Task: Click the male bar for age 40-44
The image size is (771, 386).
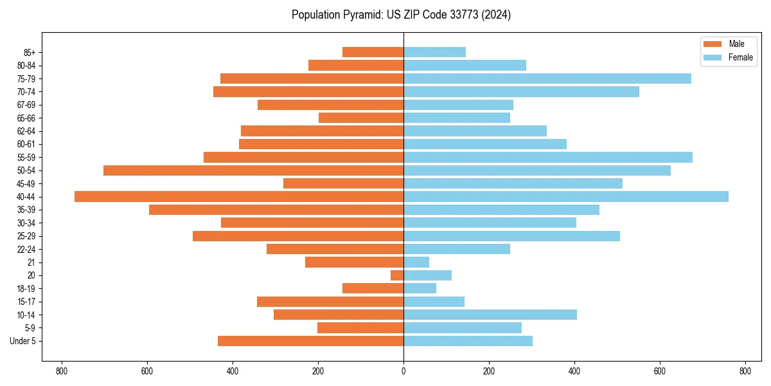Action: point(239,196)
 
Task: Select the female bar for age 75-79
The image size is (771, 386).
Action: point(547,78)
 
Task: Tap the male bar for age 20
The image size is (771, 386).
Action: point(397,275)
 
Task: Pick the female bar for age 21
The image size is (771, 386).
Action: point(416,262)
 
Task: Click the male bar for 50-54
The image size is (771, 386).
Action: point(253,170)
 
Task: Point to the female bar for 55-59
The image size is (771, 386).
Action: point(548,157)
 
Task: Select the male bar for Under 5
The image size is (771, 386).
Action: point(310,341)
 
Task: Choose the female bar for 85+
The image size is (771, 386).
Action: point(434,52)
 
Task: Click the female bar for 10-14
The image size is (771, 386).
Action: point(490,315)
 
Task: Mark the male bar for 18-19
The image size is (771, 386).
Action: point(373,288)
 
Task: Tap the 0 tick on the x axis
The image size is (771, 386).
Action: point(403,371)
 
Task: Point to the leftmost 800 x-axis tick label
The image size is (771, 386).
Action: point(62,371)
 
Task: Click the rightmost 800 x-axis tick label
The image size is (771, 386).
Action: point(745,371)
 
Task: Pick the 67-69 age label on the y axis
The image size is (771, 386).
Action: point(26,105)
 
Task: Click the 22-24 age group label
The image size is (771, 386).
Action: point(26,249)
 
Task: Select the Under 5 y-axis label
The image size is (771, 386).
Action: point(22,341)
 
